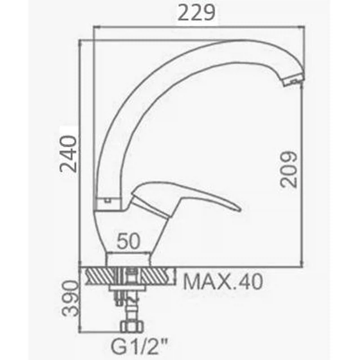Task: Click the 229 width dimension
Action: click(x=196, y=13)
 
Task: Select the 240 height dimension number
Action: click(x=68, y=154)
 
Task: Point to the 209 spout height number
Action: click(x=289, y=169)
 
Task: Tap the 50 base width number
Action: click(x=128, y=241)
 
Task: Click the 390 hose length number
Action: click(x=71, y=298)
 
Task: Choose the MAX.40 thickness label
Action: click(x=223, y=282)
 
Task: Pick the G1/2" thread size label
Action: click(x=140, y=347)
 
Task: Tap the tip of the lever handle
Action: click(x=240, y=209)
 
